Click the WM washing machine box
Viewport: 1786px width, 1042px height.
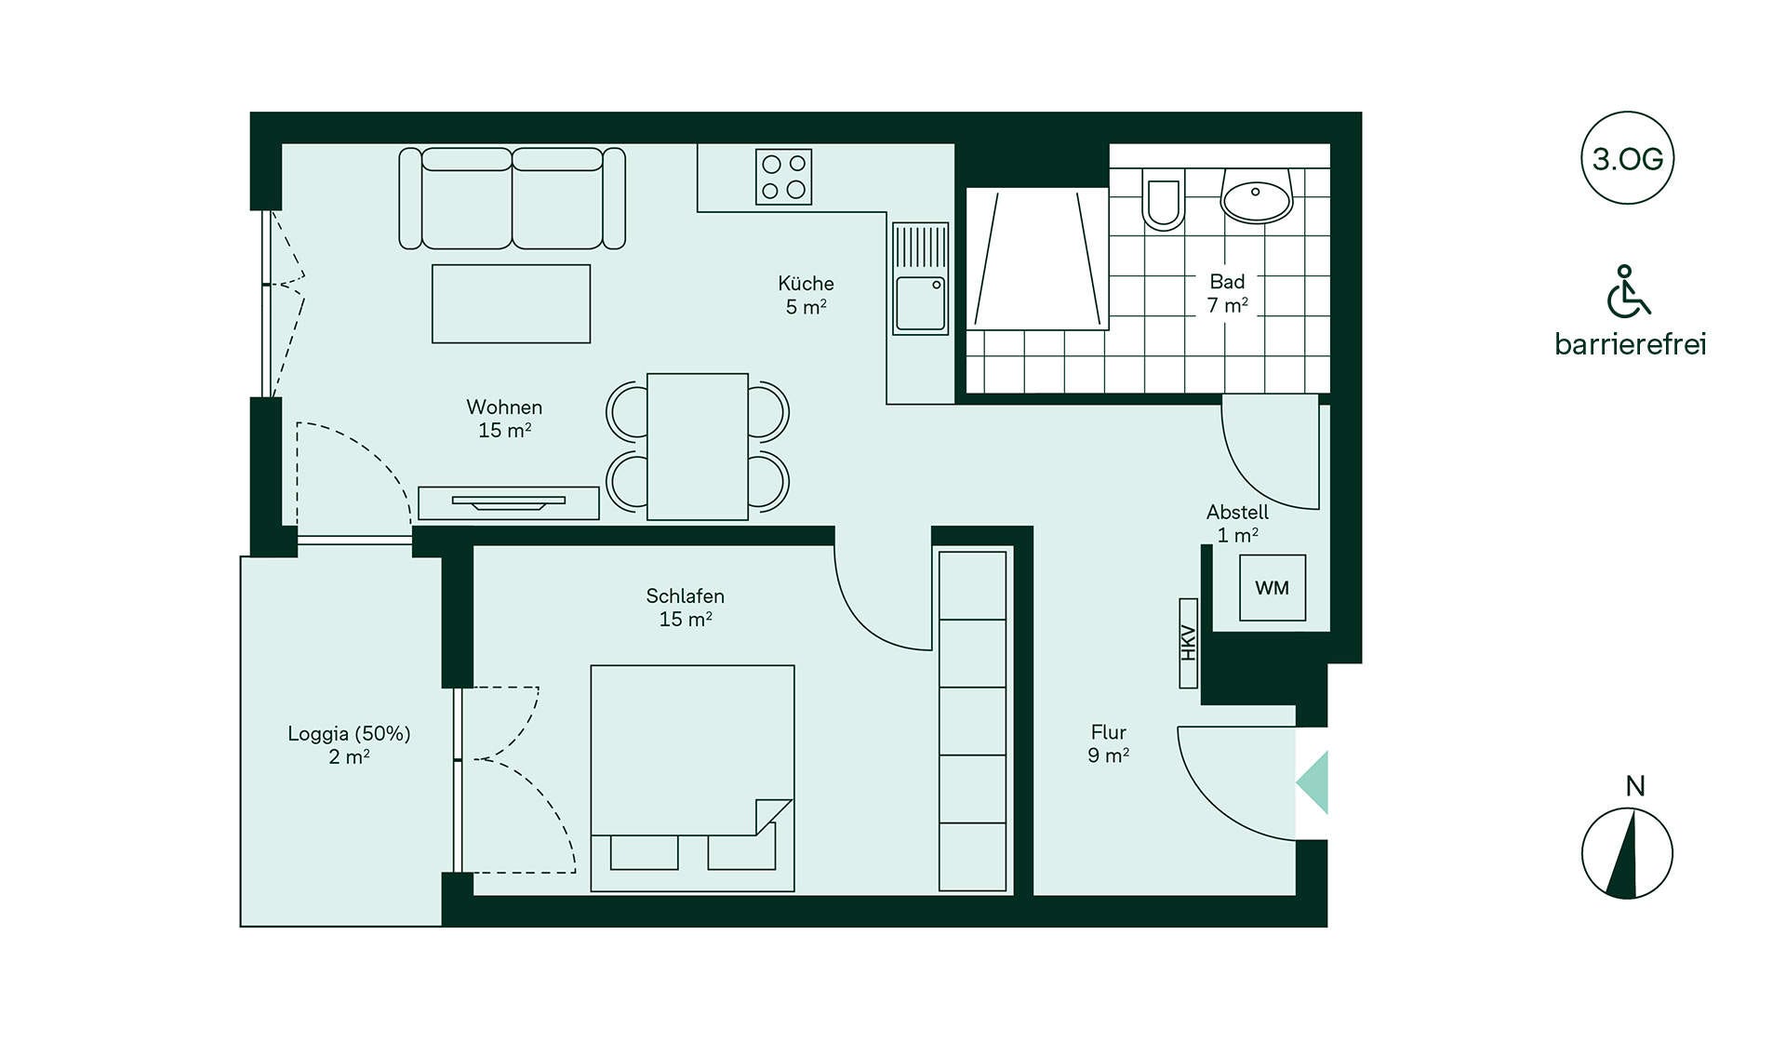coord(1272,588)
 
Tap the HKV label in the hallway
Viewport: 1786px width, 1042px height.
coord(1188,643)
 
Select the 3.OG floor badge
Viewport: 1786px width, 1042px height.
coord(1627,158)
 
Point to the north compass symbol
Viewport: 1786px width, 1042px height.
coord(1627,853)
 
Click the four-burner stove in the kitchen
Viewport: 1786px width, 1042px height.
coord(783,177)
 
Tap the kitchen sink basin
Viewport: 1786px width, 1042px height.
coord(921,302)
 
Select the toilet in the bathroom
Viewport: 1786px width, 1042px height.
coord(1163,199)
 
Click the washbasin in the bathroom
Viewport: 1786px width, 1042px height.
coord(1257,196)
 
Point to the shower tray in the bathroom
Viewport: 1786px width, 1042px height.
coord(1037,259)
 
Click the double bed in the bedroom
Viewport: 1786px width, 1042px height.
coord(692,778)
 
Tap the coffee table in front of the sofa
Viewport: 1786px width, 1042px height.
coord(511,303)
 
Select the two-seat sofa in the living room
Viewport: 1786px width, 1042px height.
coord(512,198)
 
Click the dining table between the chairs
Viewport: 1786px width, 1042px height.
coord(698,447)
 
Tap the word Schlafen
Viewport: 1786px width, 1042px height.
coord(685,595)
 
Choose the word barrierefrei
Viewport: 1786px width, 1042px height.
coord(1631,344)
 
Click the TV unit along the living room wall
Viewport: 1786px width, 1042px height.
coord(508,503)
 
